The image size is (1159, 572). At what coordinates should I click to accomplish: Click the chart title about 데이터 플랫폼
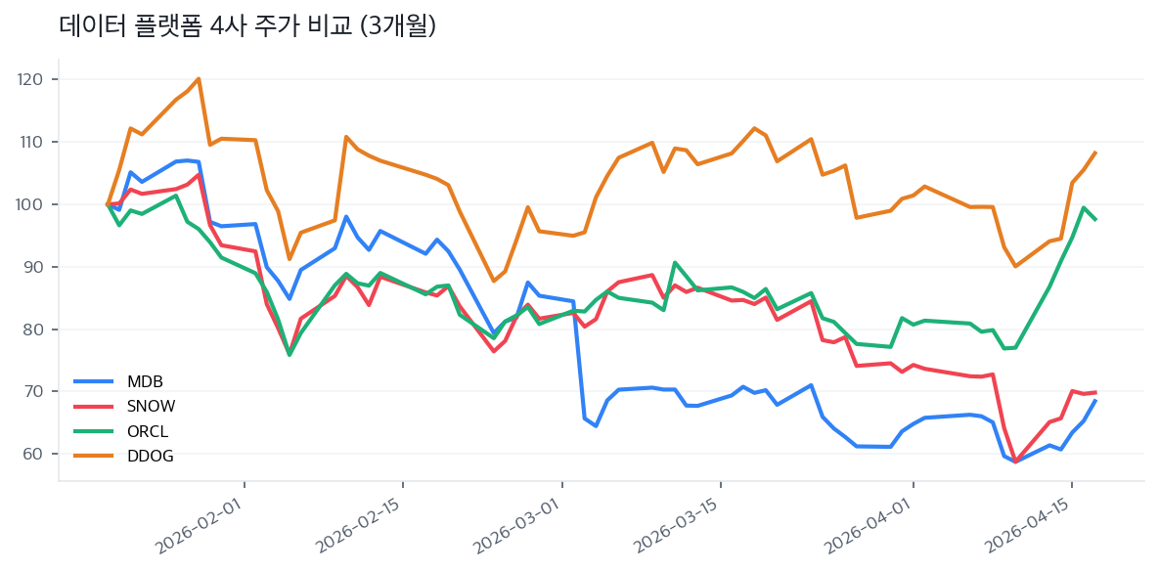click(x=247, y=26)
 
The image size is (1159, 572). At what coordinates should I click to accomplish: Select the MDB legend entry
click(x=144, y=381)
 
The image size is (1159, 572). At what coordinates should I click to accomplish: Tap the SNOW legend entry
click(x=151, y=407)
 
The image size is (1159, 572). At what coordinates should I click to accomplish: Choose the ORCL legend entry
click(x=149, y=431)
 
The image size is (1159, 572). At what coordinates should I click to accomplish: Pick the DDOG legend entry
click(x=150, y=457)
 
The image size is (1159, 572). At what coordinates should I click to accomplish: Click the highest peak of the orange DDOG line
click(x=199, y=79)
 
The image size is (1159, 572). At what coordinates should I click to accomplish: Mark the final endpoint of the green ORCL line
click(x=1095, y=220)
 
